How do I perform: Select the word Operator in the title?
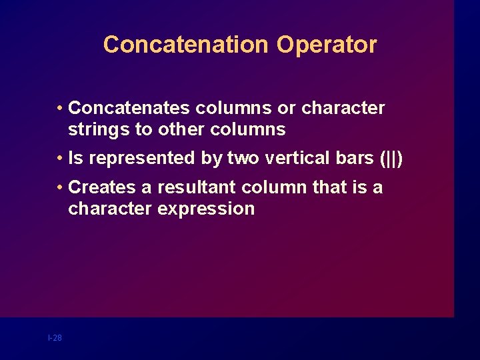pyautogui.click(x=327, y=45)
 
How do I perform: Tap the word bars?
pyautogui.click(x=354, y=158)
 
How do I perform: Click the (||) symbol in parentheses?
pyautogui.click(x=391, y=159)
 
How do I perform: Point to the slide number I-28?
pyautogui.click(x=55, y=338)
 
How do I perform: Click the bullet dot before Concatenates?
pyautogui.click(x=60, y=108)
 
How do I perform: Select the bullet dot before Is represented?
pyautogui.click(x=60, y=159)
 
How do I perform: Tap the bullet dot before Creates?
pyautogui.click(x=60, y=188)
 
